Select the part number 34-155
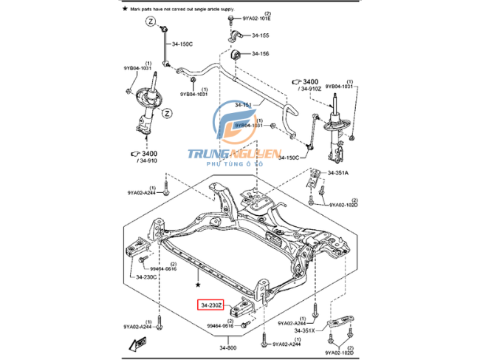259,35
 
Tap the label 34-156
259,53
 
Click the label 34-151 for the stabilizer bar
244,106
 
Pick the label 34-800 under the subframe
227,347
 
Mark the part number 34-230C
146,277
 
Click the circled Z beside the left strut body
168,113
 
